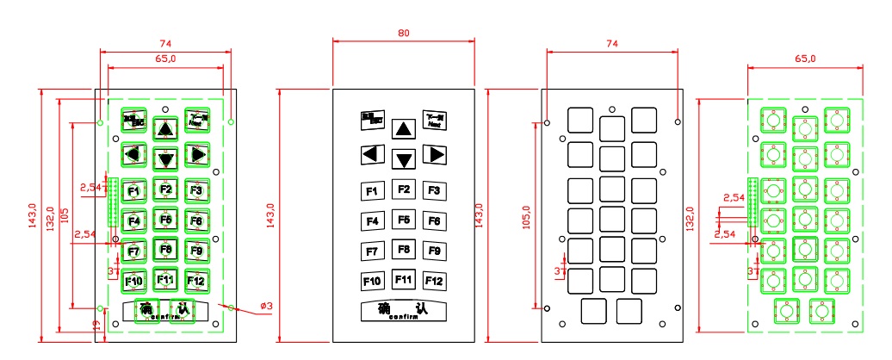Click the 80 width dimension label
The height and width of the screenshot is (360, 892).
tap(404, 33)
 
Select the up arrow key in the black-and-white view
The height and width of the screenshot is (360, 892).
tap(403, 129)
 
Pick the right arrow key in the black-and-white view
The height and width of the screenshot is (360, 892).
tap(435, 155)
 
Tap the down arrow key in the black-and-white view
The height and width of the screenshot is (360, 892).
tap(404, 158)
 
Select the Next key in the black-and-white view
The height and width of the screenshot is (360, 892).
tap(434, 120)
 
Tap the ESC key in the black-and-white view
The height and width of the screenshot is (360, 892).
tap(372, 120)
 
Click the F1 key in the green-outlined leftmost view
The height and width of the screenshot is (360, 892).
tap(133, 190)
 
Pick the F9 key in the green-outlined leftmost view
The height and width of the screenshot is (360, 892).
tap(196, 251)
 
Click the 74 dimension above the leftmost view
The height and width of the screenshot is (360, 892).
tap(164, 43)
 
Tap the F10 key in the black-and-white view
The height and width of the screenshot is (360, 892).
tap(372, 281)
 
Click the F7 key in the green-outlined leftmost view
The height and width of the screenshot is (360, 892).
tap(133, 251)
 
